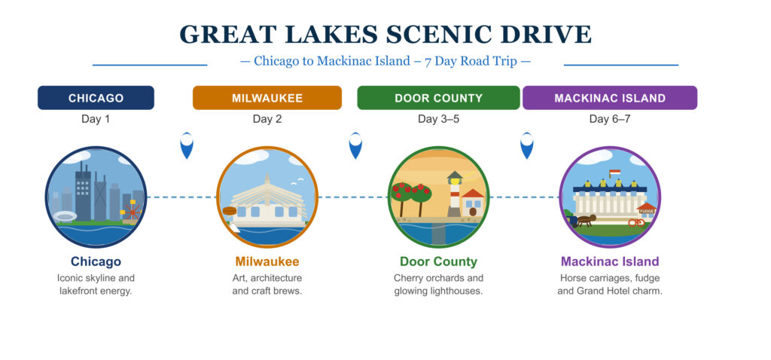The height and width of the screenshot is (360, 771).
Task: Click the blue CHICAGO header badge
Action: (96, 98)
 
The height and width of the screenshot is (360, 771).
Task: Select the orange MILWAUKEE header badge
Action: (267, 98)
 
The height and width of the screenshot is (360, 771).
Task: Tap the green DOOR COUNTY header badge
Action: (438, 98)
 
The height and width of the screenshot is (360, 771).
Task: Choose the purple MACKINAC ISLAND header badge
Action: (609, 98)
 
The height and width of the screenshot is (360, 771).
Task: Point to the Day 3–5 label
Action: (438, 119)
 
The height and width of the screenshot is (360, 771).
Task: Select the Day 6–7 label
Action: (609, 119)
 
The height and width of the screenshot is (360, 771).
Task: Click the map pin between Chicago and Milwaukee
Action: (187, 145)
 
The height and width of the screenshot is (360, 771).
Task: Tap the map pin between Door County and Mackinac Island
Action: (527, 145)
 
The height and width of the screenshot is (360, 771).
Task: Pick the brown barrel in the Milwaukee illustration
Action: (230, 211)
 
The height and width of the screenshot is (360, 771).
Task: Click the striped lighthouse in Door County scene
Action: (454, 194)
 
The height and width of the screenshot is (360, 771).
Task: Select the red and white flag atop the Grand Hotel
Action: (614, 174)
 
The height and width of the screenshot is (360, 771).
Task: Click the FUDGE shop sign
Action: (646, 212)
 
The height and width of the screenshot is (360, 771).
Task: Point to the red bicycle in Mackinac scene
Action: (636, 222)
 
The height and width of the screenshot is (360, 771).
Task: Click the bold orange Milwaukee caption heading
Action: (267, 262)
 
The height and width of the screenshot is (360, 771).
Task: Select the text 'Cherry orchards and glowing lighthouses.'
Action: (438, 285)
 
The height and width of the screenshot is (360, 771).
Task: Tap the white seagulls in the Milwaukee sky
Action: (298, 181)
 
